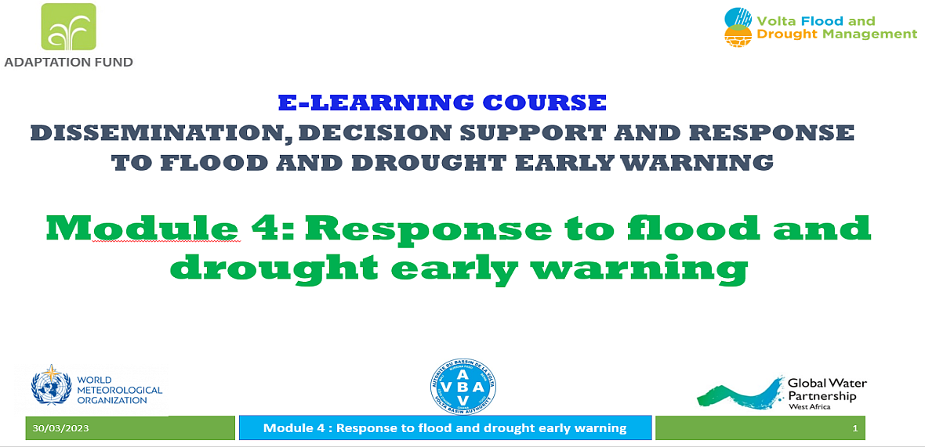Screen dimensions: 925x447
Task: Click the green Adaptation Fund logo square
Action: click(x=68, y=27)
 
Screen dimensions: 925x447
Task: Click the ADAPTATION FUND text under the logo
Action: click(x=68, y=61)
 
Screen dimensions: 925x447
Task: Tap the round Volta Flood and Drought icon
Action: click(x=738, y=27)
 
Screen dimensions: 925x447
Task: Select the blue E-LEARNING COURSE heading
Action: click(x=442, y=103)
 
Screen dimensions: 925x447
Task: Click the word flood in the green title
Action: click(x=673, y=226)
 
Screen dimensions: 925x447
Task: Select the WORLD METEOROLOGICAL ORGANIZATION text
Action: click(x=120, y=390)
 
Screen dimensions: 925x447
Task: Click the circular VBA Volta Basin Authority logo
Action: click(x=463, y=387)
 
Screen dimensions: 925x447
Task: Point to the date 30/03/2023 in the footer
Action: click(x=61, y=428)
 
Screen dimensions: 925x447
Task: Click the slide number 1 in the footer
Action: click(x=854, y=429)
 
